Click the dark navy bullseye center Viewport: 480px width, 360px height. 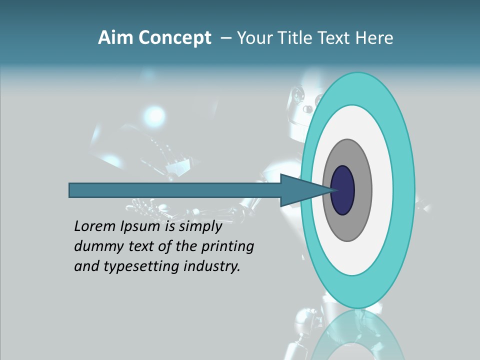(x=343, y=190)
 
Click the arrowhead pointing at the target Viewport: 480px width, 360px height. (x=300, y=190)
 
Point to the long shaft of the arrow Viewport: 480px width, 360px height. (x=175, y=190)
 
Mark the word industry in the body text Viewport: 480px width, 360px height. (x=212, y=266)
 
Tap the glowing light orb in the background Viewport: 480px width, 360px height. (x=154, y=116)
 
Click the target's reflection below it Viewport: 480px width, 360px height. (x=357, y=335)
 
